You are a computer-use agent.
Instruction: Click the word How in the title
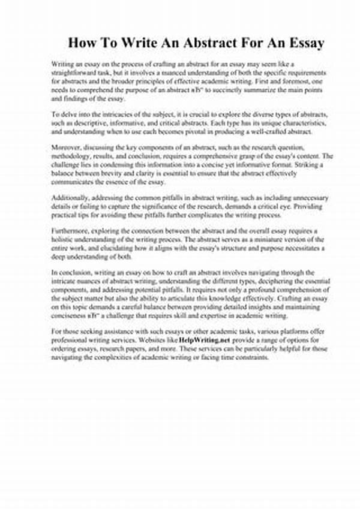pos(81,43)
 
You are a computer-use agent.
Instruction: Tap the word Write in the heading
pos(131,43)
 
